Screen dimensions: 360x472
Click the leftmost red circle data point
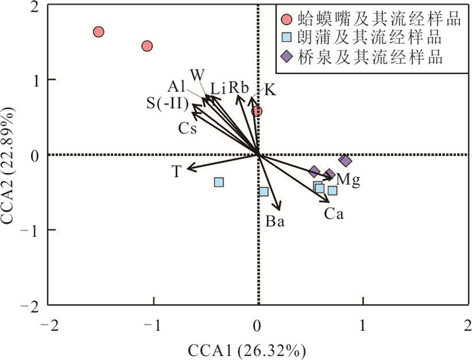click(x=98, y=32)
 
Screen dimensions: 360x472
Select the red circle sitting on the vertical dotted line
click(x=256, y=111)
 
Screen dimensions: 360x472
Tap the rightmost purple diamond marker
click(x=345, y=161)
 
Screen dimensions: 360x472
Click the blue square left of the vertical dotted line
click(x=218, y=182)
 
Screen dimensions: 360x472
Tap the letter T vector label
click(x=176, y=173)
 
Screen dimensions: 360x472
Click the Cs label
click(x=187, y=128)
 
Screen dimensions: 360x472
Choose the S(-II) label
click(x=167, y=102)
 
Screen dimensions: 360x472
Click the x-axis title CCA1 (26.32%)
click(x=258, y=350)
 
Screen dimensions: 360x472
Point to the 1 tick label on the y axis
click(x=32, y=80)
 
